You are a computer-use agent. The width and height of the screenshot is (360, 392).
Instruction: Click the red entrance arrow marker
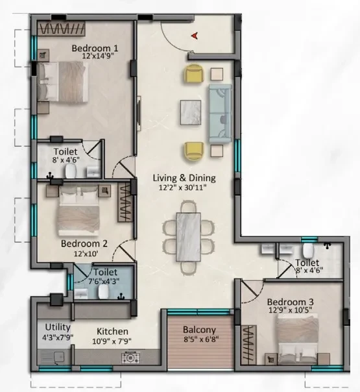pyautogui.click(x=195, y=36)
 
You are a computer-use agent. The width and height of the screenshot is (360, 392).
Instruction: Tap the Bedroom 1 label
pyautogui.click(x=95, y=48)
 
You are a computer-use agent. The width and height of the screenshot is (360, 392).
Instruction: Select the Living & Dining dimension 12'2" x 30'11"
pyautogui.click(x=183, y=188)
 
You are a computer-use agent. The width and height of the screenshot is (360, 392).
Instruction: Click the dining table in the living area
pyautogui.click(x=188, y=237)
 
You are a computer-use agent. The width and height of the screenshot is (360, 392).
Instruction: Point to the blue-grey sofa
pyautogui.click(x=220, y=114)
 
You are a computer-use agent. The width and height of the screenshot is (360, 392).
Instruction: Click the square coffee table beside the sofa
pyautogui.click(x=191, y=112)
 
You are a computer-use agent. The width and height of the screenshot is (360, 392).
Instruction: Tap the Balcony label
pyautogui.click(x=199, y=330)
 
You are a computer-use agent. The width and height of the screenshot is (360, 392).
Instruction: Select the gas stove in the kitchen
pyautogui.click(x=130, y=358)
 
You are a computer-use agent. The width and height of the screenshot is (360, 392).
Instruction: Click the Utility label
pyautogui.click(x=58, y=327)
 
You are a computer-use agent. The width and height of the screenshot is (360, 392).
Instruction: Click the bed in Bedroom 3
pyautogui.click(x=297, y=339)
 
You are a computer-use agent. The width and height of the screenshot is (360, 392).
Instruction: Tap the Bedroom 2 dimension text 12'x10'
pyautogui.click(x=86, y=254)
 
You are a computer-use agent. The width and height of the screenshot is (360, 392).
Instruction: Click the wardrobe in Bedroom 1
pyautogui.click(x=61, y=29)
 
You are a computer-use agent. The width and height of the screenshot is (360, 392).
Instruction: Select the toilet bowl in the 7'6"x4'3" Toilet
pyautogui.click(x=104, y=291)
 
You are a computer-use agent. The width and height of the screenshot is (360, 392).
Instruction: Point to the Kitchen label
pyautogui.click(x=112, y=331)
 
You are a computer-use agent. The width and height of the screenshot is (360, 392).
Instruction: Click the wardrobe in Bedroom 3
pyautogui.click(x=248, y=345)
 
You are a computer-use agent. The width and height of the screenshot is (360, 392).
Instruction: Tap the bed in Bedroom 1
pyautogui.click(x=62, y=82)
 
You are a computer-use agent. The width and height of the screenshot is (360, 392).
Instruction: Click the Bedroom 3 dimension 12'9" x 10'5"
pyautogui.click(x=291, y=310)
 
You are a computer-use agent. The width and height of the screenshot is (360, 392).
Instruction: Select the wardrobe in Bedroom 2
pyautogui.click(x=125, y=202)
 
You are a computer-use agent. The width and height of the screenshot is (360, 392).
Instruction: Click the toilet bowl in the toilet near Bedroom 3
pyautogui.click(x=308, y=251)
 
